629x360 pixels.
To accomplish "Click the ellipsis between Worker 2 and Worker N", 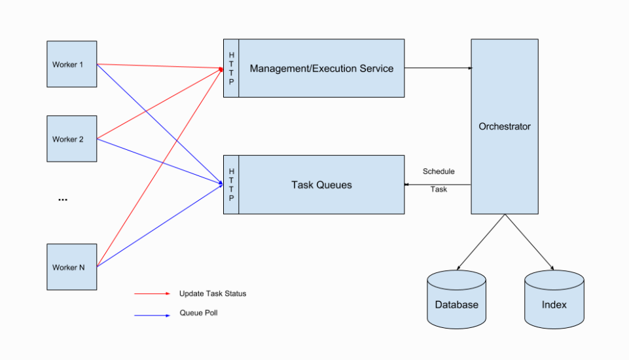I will pyautogui.click(x=63, y=200).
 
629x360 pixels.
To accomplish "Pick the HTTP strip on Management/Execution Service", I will pyautogui.click(x=231, y=68).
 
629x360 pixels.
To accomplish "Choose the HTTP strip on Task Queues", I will pyautogui.click(x=231, y=185).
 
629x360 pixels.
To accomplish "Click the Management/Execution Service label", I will pyautogui.click(x=321, y=68).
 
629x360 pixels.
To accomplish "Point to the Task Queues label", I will pyautogui.click(x=321, y=185).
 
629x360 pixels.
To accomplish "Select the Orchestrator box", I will pyautogui.click(x=505, y=126).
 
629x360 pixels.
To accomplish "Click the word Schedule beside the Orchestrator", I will pyautogui.click(x=439, y=171).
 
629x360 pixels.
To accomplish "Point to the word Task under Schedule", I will pyautogui.click(x=439, y=189).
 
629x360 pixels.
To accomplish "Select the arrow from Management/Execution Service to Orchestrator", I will pyautogui.click(x=438, y=67).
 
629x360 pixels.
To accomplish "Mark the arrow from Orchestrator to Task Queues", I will pyautogui.click(x=438, y=185).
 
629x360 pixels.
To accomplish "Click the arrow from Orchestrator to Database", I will pyautogui.click(x=481, y=242).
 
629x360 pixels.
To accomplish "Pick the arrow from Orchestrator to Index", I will pyautogui.click(x=530, y=242).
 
